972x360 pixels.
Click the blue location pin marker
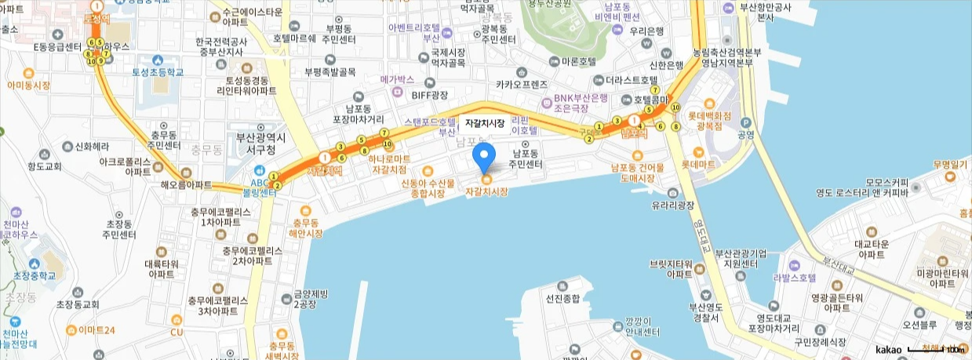coord(485,158)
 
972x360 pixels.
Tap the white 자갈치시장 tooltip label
coord(485,123)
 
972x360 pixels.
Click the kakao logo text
coord(889,349)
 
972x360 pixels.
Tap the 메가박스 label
coord(396,79)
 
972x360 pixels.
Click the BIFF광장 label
coord(430,95)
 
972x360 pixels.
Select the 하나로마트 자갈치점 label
coord(388,163)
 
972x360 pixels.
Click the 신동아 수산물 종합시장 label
coord(428,187)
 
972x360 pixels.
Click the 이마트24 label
coord(96,329)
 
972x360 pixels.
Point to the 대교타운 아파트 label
coord(871,249)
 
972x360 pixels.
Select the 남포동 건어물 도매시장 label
coord(637,173)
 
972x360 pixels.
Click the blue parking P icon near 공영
coord(745,122)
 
